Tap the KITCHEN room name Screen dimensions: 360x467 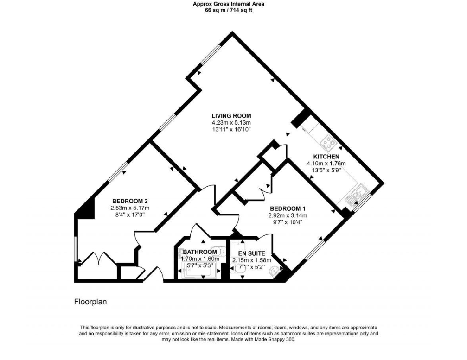326,157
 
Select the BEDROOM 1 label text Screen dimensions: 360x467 288,208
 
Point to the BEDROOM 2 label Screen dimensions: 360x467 130,201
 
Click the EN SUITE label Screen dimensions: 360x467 251,253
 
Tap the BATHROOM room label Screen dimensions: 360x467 200,252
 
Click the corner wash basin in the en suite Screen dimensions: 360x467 277,272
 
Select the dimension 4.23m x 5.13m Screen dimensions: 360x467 231,123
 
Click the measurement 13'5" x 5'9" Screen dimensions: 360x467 326,170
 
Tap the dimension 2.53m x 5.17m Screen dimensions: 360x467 130,208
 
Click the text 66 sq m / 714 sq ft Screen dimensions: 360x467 229,10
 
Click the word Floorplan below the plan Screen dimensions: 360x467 90,302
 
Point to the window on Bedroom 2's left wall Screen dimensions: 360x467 77,250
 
